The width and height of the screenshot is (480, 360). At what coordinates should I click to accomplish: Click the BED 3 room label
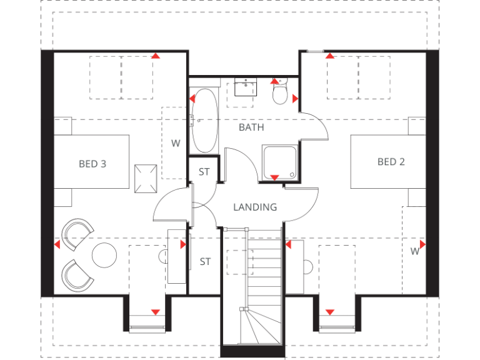point(92,164)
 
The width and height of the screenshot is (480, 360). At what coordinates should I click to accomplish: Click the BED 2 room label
point(391,162)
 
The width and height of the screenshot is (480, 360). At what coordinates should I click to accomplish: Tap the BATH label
point(251,127)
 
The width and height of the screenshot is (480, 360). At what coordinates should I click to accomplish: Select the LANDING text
point(255,207)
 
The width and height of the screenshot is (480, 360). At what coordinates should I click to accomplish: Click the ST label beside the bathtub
point(204,172)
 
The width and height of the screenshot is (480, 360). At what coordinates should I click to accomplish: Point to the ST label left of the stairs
point(205,262)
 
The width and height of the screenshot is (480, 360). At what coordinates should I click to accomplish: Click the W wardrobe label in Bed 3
point(176,143)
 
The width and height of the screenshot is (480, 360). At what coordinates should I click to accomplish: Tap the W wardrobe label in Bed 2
point(414,251)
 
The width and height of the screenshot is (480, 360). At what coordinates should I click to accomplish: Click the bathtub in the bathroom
point(204,121)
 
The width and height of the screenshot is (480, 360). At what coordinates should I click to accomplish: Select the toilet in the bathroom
point(280,93)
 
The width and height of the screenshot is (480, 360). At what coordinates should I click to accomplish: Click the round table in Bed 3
point(104,254)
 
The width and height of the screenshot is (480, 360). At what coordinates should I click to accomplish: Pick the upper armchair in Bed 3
point(77,231)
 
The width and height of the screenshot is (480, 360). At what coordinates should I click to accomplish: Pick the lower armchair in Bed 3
point(76,275)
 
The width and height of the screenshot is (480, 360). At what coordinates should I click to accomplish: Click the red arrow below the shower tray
point(274,178)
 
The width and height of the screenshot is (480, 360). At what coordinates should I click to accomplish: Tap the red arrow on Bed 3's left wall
point(57,244)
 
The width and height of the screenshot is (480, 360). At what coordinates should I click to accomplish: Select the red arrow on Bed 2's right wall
point(423,244)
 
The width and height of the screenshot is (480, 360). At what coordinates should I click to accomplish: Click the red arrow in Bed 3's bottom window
point(155,312)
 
